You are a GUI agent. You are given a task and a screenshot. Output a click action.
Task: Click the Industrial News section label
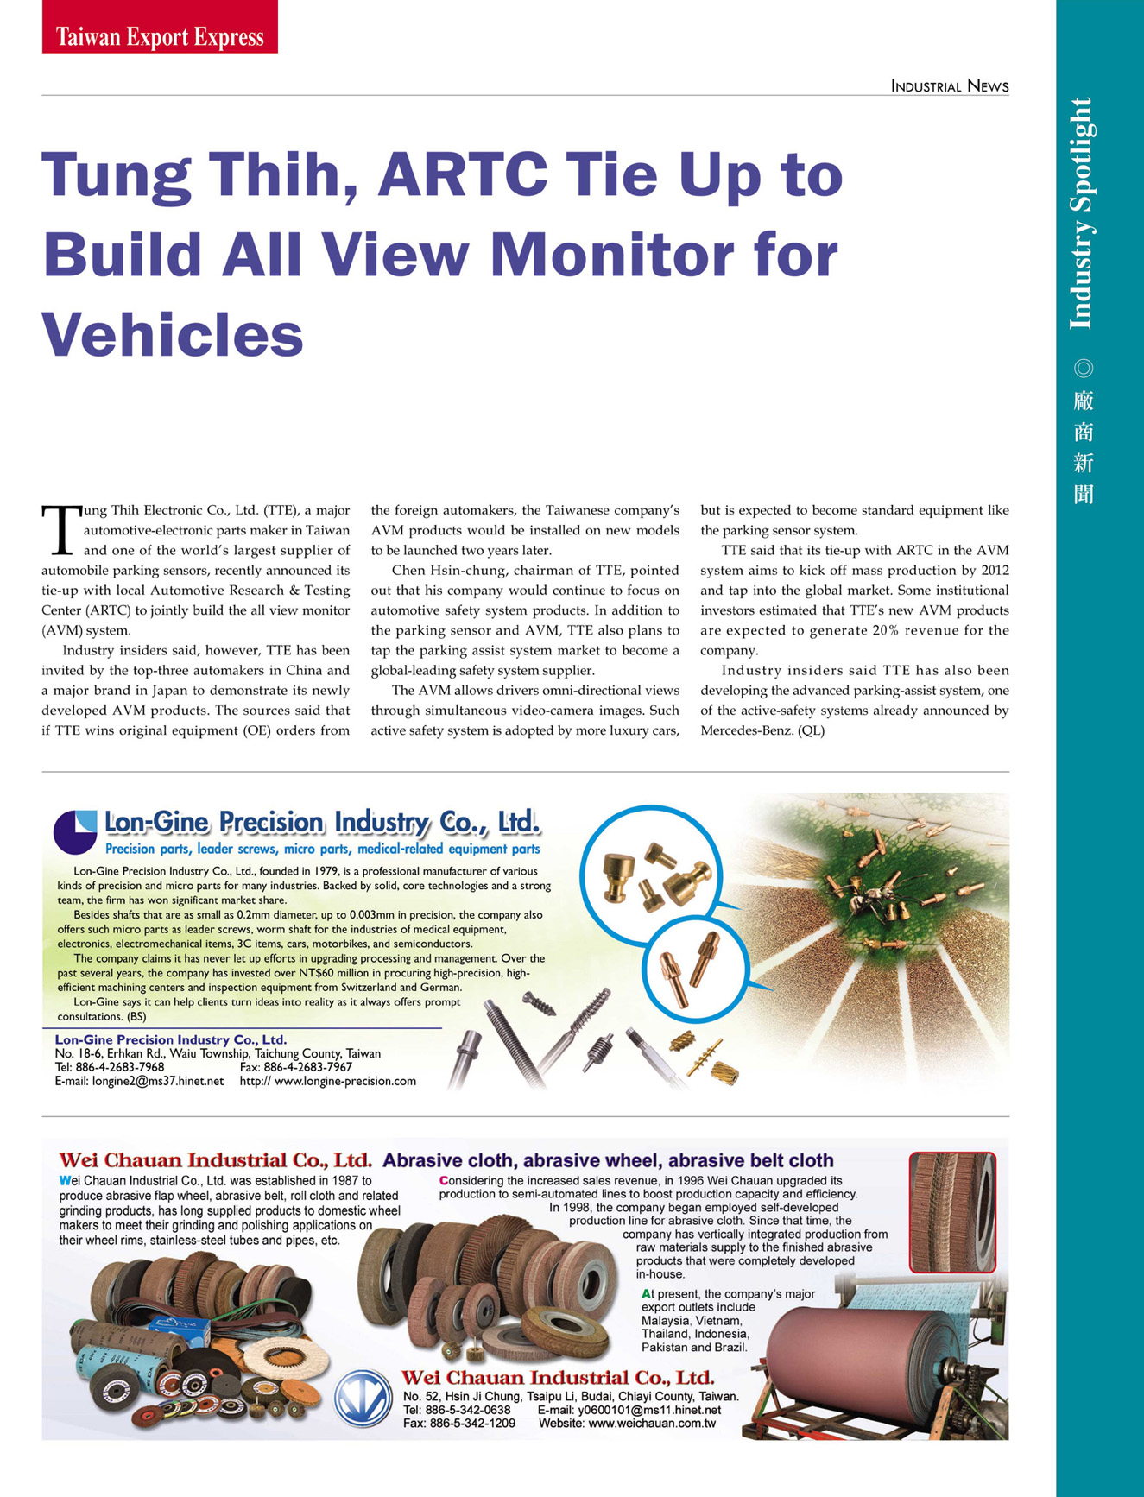coord(949,85)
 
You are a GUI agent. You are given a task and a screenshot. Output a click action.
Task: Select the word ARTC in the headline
coord(462,174)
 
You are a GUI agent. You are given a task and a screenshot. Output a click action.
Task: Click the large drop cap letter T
coord(60,529)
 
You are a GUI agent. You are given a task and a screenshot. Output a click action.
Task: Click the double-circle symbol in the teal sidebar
coord(1083,369)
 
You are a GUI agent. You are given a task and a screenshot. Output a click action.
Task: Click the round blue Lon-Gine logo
coord(76,831)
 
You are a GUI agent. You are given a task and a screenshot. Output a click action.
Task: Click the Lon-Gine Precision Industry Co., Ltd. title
coord(322,823)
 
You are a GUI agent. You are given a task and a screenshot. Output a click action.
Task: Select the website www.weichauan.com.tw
coord(652,1423)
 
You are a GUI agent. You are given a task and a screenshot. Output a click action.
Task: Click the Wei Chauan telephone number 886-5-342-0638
coord(467,1410)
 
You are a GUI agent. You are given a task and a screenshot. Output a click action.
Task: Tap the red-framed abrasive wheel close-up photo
coord(951,1211)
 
